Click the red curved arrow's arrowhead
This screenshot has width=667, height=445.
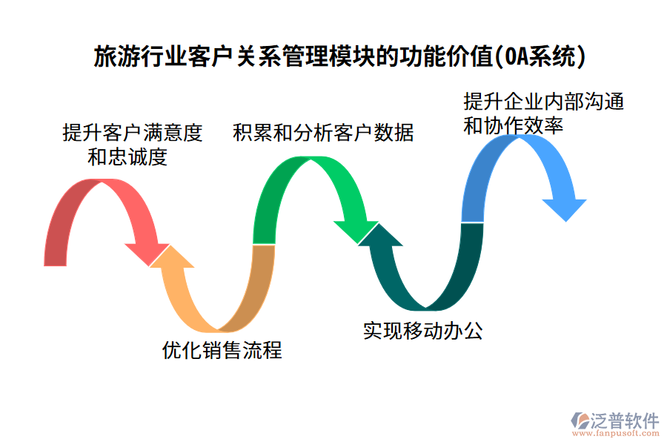point(148,251)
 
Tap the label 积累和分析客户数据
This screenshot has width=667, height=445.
point(323,133)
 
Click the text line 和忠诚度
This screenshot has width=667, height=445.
point(127,156)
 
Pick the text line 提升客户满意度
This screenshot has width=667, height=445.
point(132,133)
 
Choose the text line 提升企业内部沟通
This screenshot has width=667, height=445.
point(543,101)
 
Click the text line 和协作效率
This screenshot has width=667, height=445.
point(513,125)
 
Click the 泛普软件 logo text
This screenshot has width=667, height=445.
point(624,420)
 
